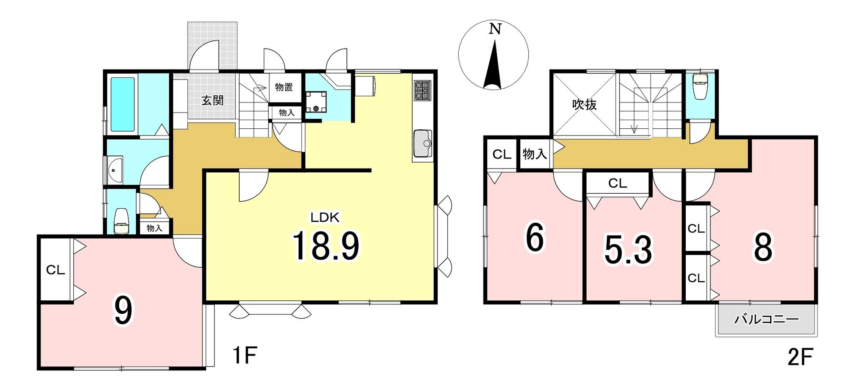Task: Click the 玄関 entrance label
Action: tap(212, 100)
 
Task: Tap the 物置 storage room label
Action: tap(284, 87)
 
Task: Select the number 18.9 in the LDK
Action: tap(326, 246)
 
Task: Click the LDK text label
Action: tap(325, 217)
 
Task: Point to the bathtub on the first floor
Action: tap(123, 104)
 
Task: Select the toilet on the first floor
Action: tap(121, 221)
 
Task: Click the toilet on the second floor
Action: tap(700, 87)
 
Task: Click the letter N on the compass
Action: tap(495, 29)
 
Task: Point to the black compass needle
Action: tap(494, 65)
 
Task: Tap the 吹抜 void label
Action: tap(584, 104)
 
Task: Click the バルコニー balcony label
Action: tap(767, 320)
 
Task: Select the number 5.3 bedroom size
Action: tap(628, 250)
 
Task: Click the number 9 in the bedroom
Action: tap(123, 310)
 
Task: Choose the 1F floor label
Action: tap(244, 356)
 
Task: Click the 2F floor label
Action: tap(800, 358)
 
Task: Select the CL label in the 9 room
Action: tap(55, 270)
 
